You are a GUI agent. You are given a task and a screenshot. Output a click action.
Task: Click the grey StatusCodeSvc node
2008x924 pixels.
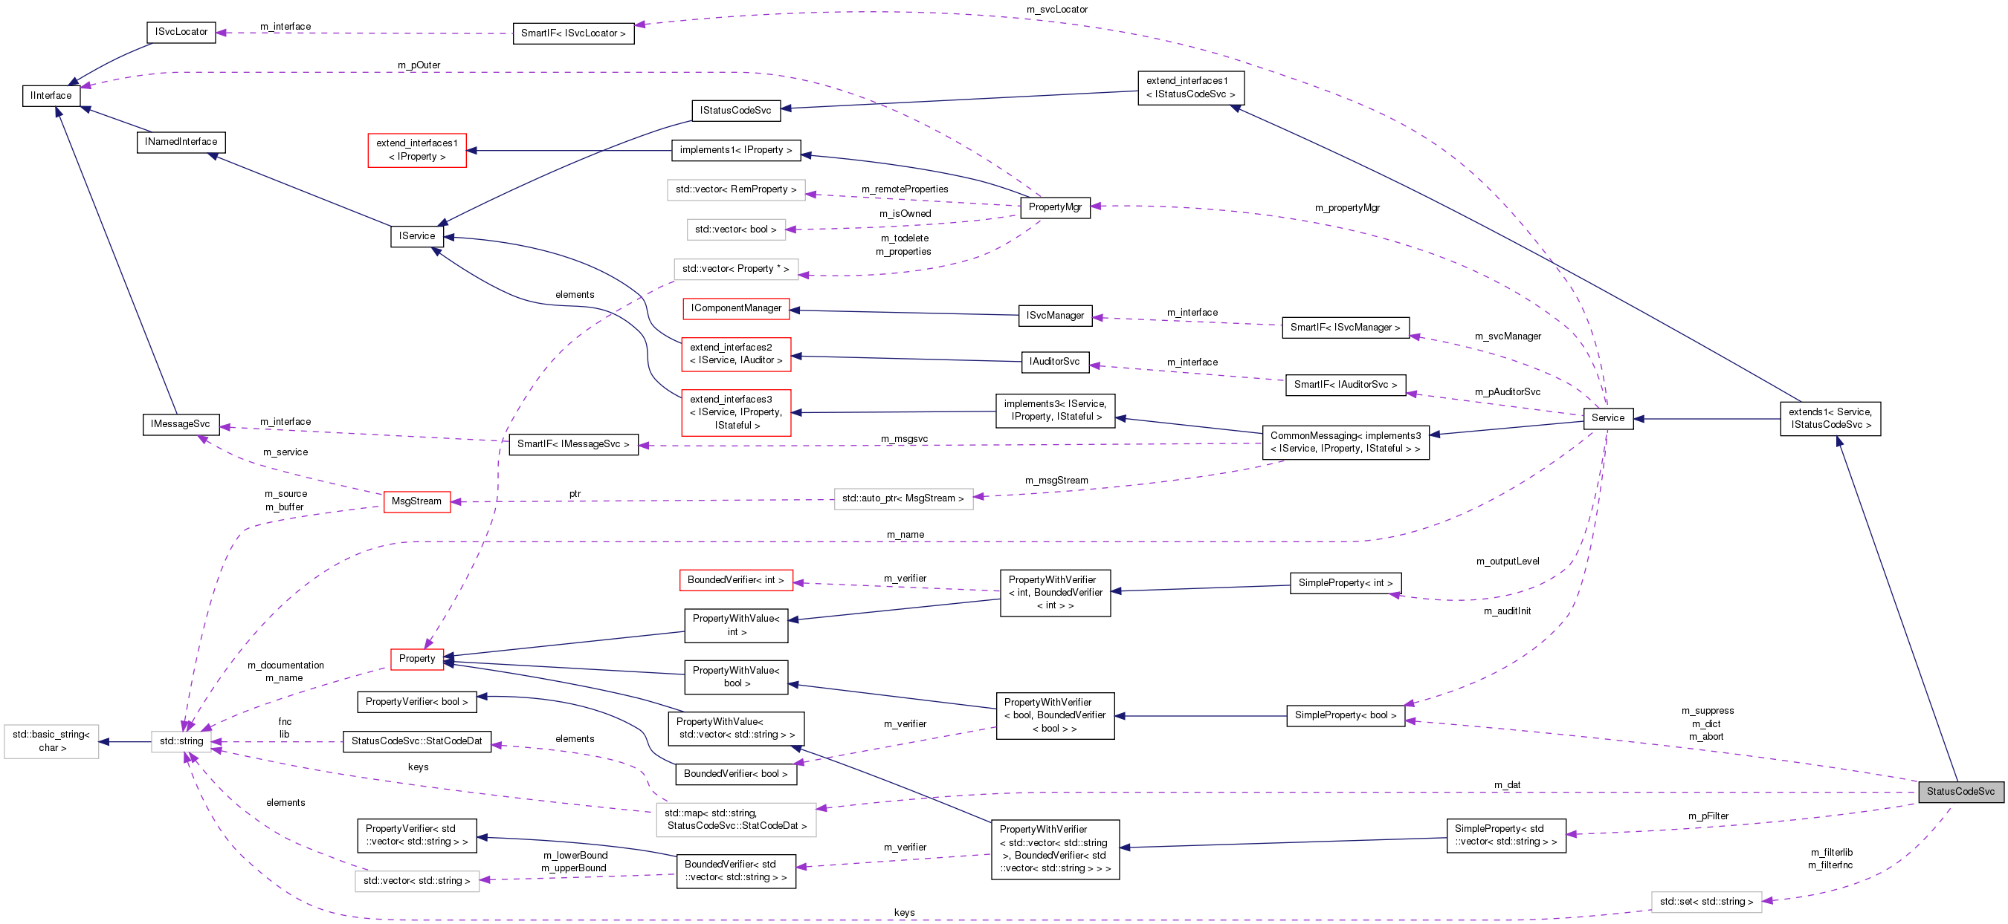1960,792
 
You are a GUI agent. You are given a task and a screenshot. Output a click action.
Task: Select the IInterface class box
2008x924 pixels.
51,96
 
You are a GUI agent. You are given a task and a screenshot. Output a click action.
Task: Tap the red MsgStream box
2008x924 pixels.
416,501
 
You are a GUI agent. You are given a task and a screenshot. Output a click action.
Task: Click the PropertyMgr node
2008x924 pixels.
1055,207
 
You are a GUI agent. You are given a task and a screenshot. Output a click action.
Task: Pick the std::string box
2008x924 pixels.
181,741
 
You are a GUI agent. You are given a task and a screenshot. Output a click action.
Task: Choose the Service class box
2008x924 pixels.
1607,418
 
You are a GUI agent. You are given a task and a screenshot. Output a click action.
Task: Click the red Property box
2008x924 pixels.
417,658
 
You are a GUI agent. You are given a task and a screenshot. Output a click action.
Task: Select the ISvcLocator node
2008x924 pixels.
181,32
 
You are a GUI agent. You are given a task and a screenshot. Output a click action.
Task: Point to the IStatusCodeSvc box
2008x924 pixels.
735,111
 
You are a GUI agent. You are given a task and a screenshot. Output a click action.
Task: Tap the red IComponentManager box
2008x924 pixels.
736,308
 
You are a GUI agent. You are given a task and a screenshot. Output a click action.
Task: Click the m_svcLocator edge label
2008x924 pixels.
1056,10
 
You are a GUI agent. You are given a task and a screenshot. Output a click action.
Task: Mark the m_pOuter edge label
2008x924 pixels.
419,65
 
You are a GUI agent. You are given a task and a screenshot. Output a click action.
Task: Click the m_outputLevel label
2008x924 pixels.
1507,561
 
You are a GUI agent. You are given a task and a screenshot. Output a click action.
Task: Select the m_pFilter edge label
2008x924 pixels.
1708,816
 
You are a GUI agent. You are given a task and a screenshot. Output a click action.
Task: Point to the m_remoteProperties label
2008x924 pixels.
904,189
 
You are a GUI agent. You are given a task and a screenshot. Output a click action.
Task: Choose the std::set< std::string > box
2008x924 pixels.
1705,902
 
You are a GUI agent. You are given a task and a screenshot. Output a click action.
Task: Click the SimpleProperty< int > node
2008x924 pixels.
1345,583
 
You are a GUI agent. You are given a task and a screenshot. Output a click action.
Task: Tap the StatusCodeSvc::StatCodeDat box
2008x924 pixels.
417,741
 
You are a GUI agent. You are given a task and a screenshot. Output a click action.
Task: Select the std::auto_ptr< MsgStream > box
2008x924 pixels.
903,498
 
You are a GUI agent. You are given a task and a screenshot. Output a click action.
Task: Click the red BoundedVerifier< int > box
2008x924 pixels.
735,580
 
